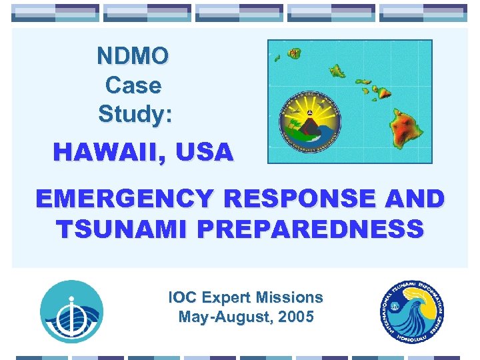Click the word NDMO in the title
(133, 56)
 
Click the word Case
(133, 85)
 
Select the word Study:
(135, 114)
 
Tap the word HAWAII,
(111, 153)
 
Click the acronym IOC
(184, 298)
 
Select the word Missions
(292, 298)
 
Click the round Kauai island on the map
(294, 53)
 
